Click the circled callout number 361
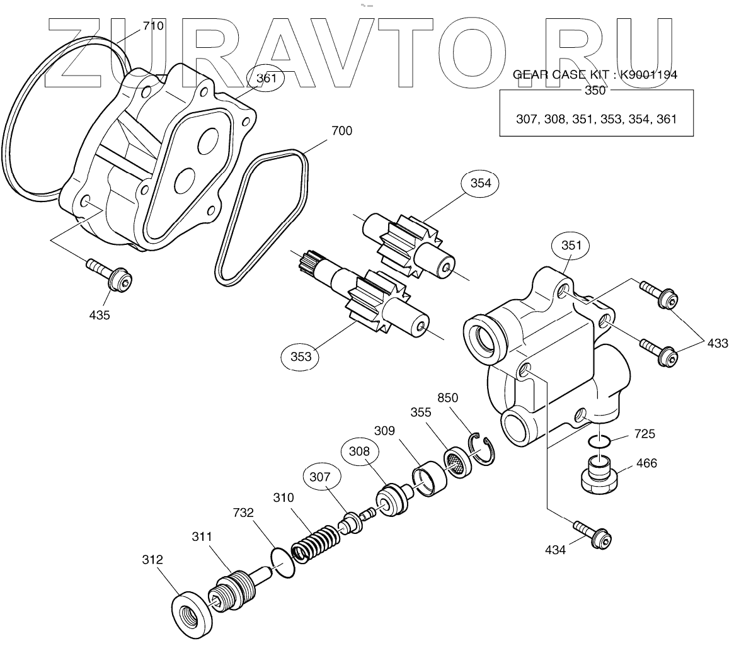[x=266, y=79]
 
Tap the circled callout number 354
[x=480, y=183]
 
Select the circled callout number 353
[x=301, y=356]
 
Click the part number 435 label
[x=99, y=315]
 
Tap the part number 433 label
[x=717, y=343]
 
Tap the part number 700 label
[x=342, y=131]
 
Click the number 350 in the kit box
[x=595, y=91]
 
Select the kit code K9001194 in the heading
[x=648, y=75]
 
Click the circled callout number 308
[x=358, y=451]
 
